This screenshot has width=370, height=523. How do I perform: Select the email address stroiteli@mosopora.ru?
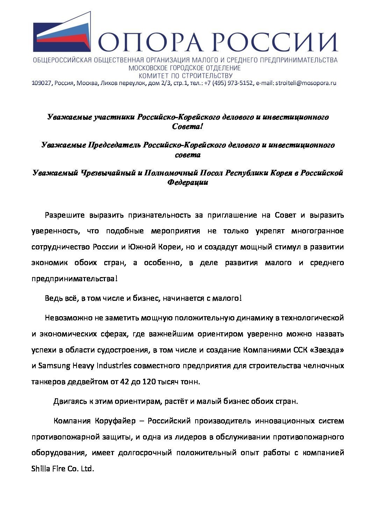(306, 83)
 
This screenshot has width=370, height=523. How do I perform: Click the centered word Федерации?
(188, 182)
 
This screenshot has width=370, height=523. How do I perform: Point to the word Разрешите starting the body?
(65, 215)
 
